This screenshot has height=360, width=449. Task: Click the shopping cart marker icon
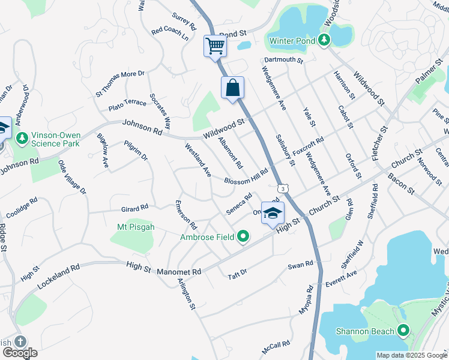pyautogui.click(x=215, y=46)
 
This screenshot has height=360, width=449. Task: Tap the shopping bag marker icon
pyautogui.click(x=232, y=88)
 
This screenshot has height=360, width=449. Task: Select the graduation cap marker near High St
pyautogui.click(x=273, y=214)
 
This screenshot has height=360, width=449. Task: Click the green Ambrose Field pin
pyautogui.click(x=243, y=237)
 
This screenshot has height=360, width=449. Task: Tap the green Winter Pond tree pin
pyautogui.click(x=324, y=40)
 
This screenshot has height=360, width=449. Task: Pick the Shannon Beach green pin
pyautogui.click(x=403, y=331)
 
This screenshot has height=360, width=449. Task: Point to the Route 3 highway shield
pyautogui.click(x=282, y=189)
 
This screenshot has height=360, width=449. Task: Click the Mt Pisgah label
pyautogui.click(x=135, y=227)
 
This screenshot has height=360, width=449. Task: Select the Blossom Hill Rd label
pyautogui.click(x=246, y=176)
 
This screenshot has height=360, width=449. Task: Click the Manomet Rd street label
pyautogui.click(x=178, y=272)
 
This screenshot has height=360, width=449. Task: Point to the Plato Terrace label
pyautogui.click(x=127, y=103)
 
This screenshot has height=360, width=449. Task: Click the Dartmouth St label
pyautogui.click(x=285, y=60)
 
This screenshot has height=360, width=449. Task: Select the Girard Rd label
pyautogui.click(x=134, y=208)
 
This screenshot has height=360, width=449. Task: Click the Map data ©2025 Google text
pyautogui.click(x=411, y=355)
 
